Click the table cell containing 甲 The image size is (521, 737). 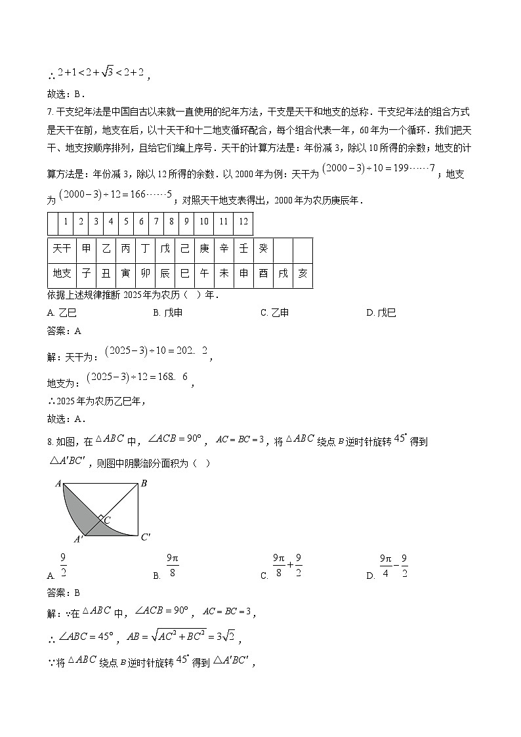86,249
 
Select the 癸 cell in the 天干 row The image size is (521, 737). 262,249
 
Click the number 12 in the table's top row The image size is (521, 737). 243,222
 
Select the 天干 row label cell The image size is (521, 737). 62,249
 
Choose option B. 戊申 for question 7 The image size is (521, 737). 168,313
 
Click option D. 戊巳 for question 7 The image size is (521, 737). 381,313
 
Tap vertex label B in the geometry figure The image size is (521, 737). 143,484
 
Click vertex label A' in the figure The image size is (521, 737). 78,539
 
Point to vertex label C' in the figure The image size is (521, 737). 146,537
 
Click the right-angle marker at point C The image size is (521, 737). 100,518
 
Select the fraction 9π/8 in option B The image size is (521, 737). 173,566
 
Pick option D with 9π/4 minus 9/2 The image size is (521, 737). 392,566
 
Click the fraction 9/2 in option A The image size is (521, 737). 64,565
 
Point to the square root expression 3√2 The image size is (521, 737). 228,637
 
